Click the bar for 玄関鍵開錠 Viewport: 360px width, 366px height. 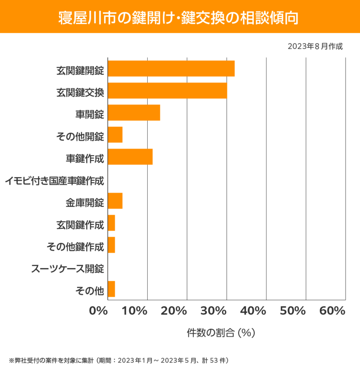(x=171, y=68)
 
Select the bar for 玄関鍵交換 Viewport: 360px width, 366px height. (x=167, y=91)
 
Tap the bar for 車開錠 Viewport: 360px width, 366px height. (x=134, y=112)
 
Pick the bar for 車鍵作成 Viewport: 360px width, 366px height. (x=130, y=157)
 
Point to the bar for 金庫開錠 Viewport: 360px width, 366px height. (x=115, y=201)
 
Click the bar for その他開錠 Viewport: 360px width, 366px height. (x=115, y=135)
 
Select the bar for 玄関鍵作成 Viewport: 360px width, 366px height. (x=111, y=223)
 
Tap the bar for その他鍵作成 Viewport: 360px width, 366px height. (x=111, y=245)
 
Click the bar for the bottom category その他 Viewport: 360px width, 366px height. (x=111, y=289)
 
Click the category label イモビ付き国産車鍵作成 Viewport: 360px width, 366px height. (x=54, y=181)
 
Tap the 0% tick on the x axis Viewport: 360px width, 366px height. (x=98, y=311)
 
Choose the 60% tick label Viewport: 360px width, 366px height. (x=332, y=311)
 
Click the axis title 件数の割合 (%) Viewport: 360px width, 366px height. (x=221, y=333)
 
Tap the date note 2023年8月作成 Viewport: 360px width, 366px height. (x=315, y=46)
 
